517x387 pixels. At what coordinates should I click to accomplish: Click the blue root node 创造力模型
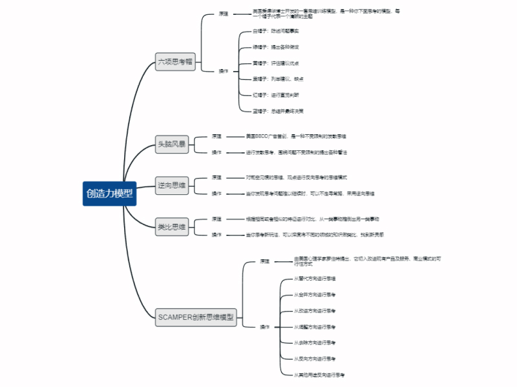(109, 193)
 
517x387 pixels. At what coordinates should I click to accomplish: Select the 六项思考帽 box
(174, 62)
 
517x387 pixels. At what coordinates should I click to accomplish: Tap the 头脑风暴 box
(171, 144)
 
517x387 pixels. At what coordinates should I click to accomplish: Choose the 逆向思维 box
(171, 186)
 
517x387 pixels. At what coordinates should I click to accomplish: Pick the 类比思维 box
(171, 226)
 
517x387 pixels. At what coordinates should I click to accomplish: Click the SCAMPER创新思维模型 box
(197, 317)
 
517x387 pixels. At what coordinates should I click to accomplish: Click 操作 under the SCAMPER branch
(264, 327)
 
